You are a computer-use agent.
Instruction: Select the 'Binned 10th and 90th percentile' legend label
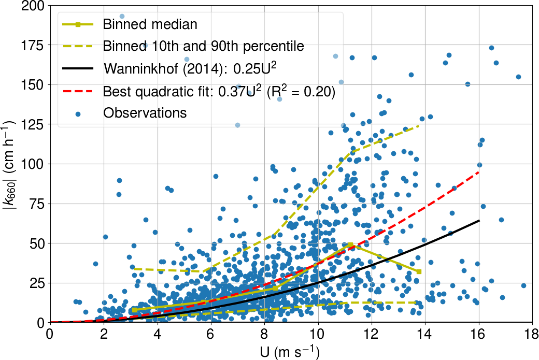pyautogui.click(x=203, y=46)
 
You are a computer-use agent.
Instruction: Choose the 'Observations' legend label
pyautogui.click(x=145, y=112)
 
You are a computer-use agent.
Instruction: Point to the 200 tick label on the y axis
pyautogui.click(x=33, y=5)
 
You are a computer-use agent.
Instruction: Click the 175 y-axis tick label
pyautogui.click(x=33, y=45)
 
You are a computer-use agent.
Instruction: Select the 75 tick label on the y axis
pyautogui.click(x=36, y=204)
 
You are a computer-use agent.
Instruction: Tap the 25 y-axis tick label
pyautogui.click(x=36, y=283)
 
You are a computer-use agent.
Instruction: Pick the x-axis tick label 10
pyautogui.click(x=318, y=335)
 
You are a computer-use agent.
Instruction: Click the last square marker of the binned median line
pyautogui.click(x=419, y=271)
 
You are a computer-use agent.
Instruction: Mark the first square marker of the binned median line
pyautogui.click(x=134, y=310)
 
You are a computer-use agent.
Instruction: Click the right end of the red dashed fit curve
pyautogui.click(x=478, y=171)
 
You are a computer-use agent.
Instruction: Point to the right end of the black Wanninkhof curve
pyautogui.click(x=478, y=221)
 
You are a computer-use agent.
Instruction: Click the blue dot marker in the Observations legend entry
pyautogui.click(x=77, y=112)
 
